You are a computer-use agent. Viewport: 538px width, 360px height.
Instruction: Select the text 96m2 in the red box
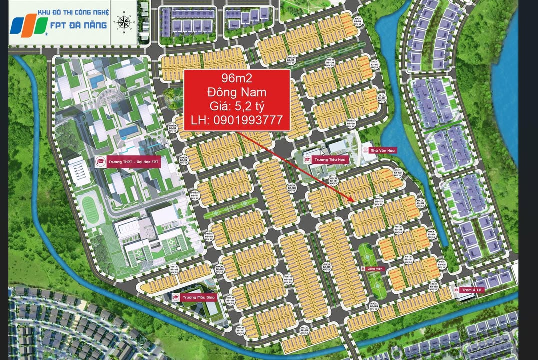click(x=237, y=78)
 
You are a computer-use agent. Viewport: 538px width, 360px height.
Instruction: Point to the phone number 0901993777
click(x=237, y=120)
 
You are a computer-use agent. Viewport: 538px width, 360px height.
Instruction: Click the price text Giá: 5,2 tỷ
click(x=237, y=106)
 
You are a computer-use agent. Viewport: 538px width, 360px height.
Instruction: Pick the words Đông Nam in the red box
click(x=237, y=92)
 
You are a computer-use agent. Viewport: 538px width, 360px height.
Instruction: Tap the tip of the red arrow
click(x=354, y=202)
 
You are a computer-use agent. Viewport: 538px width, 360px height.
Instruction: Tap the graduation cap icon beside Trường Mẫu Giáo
click(x=176, y=297)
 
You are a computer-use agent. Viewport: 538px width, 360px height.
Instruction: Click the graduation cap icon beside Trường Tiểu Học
click(x=308, y=160)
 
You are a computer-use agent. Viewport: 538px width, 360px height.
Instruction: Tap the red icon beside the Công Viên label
click(x=363, y=269)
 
